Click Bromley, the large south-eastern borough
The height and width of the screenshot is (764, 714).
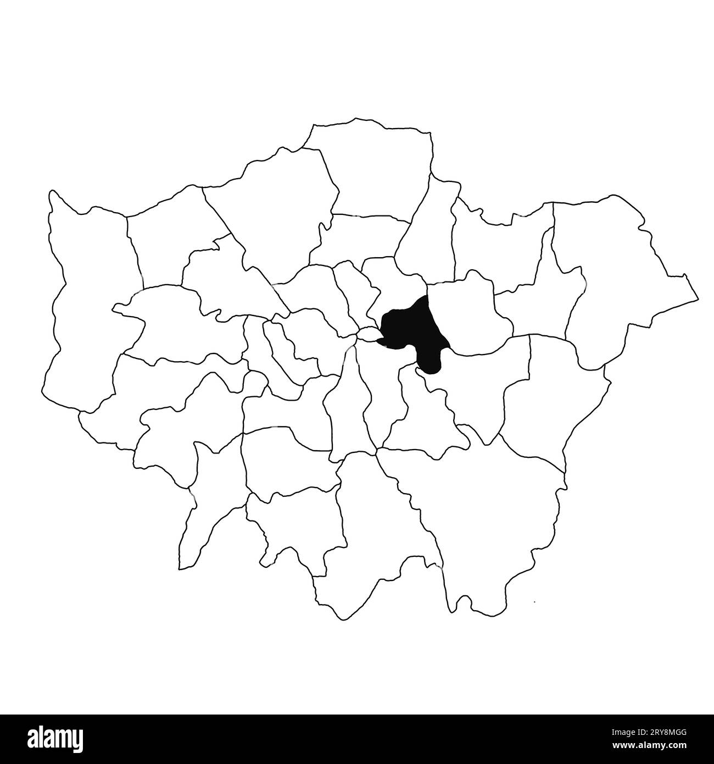coord(483,517)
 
